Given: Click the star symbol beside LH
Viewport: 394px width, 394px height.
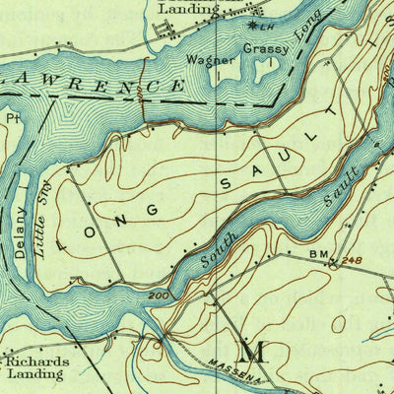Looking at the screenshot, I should click(x=252, y=24).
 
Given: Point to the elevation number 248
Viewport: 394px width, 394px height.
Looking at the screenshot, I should click(x=353, y=260).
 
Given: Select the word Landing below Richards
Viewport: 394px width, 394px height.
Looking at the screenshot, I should click(x=37, y=375).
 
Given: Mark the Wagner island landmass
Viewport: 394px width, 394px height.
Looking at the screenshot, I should click(x=223, y=71).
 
